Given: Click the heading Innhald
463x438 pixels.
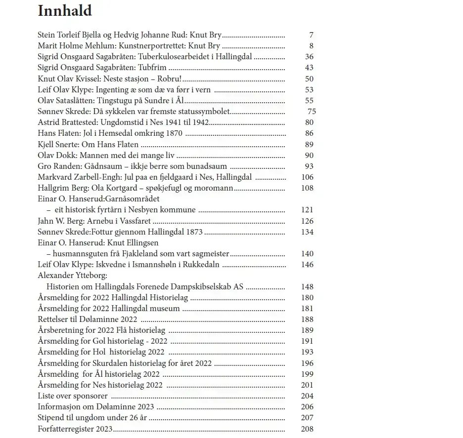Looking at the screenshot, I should tap(64, 11).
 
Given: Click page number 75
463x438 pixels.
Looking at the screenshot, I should tap(311, 112).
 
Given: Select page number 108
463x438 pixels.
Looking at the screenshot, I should tap(307, 188).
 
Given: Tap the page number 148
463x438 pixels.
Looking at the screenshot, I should tap(307, 287).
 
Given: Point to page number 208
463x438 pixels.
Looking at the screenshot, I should tap(307, 429).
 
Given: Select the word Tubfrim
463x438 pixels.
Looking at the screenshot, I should tap(152, 68).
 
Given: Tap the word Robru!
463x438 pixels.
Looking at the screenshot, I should tap(169, 79).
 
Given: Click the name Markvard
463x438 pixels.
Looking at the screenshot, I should tap(55, 177).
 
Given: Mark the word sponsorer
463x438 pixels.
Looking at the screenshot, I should tap(90, 396).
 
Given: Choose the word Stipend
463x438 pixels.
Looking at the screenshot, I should tap(52, 418).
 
